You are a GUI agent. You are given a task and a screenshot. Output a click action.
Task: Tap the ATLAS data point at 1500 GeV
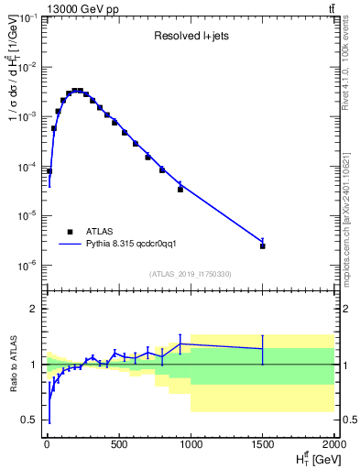(x=263, y=246)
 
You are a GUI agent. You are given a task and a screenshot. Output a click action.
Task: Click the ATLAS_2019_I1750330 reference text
(x=191, y=274)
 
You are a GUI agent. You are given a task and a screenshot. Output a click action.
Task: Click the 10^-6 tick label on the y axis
(x=28, y=266)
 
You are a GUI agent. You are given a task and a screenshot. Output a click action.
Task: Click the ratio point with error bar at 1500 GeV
(x=263, y=349)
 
